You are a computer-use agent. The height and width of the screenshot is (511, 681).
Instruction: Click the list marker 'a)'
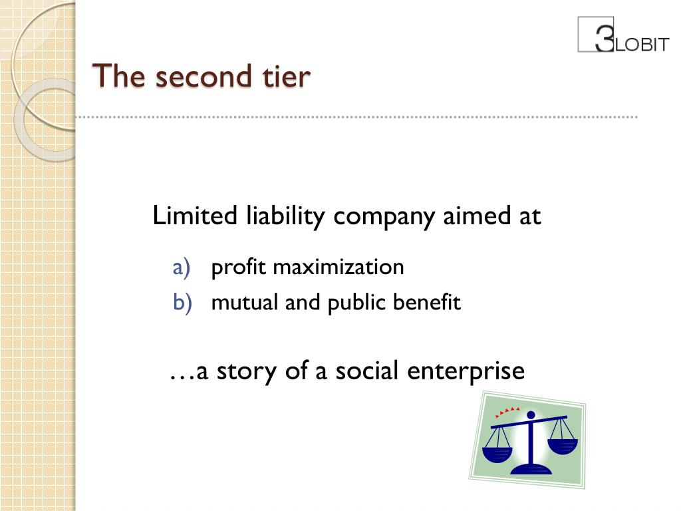point(182,267)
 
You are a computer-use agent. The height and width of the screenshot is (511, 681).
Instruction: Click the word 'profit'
point(238,268)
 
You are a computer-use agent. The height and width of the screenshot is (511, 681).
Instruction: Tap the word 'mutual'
point(244,303)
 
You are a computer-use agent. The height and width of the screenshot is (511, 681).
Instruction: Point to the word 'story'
point(246,371)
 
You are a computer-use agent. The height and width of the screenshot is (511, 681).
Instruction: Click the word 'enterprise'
point(466,371)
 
